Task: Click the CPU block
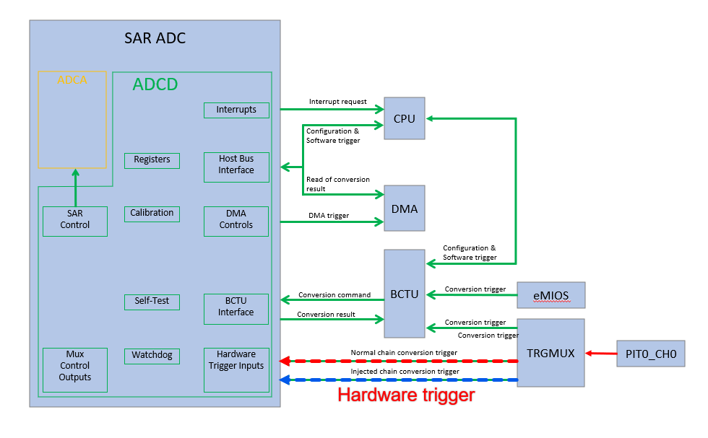(405, 118)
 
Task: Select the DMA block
(405, 208)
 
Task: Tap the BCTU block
(405, 294)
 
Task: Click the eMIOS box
(551, 295)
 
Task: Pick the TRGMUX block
(551, 353)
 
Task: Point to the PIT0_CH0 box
(650, 354)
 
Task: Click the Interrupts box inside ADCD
(236, 110)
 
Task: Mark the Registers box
(152, 159)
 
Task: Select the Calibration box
(152, 214)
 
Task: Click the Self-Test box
(152, 301)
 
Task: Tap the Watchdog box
(152, 356)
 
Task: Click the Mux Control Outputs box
(75, 369)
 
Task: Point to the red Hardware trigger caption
(406, 395)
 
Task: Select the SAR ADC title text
(155, 38)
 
